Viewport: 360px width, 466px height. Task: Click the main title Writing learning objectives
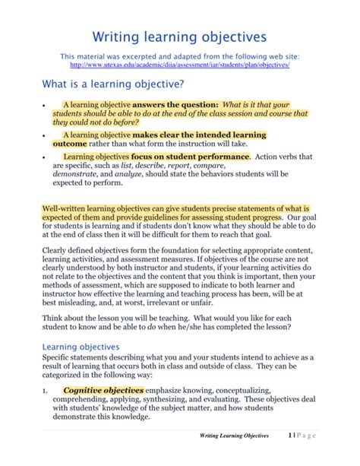point(179,36)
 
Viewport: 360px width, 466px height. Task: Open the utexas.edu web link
point(179,66)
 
